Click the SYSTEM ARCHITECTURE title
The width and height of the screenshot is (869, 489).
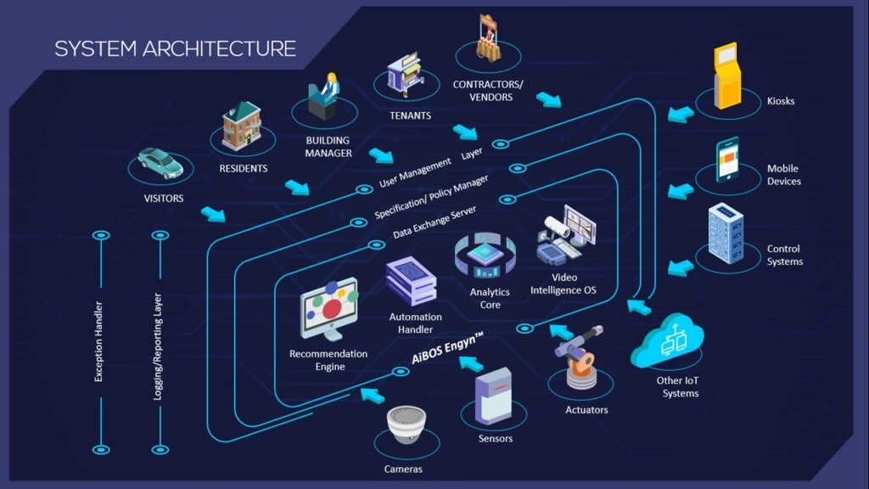pyautogui.click(x=175, y=48)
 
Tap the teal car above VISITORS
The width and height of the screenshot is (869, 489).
pyautogui.click(x=160, y=162)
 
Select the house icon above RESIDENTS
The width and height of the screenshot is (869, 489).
pyautogui.click(x=242, y=126)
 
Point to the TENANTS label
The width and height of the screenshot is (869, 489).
pyautogui.click(x=410, y=115)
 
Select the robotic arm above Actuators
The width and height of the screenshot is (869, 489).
pyautogui.click(x=580, y=357)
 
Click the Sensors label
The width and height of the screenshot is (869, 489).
pyautogui.click(x=496, y=439)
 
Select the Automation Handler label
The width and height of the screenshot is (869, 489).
pyautogui.click(x=415, y=323)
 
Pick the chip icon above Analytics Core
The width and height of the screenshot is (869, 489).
pyautogui.click(x=487, y=256)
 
